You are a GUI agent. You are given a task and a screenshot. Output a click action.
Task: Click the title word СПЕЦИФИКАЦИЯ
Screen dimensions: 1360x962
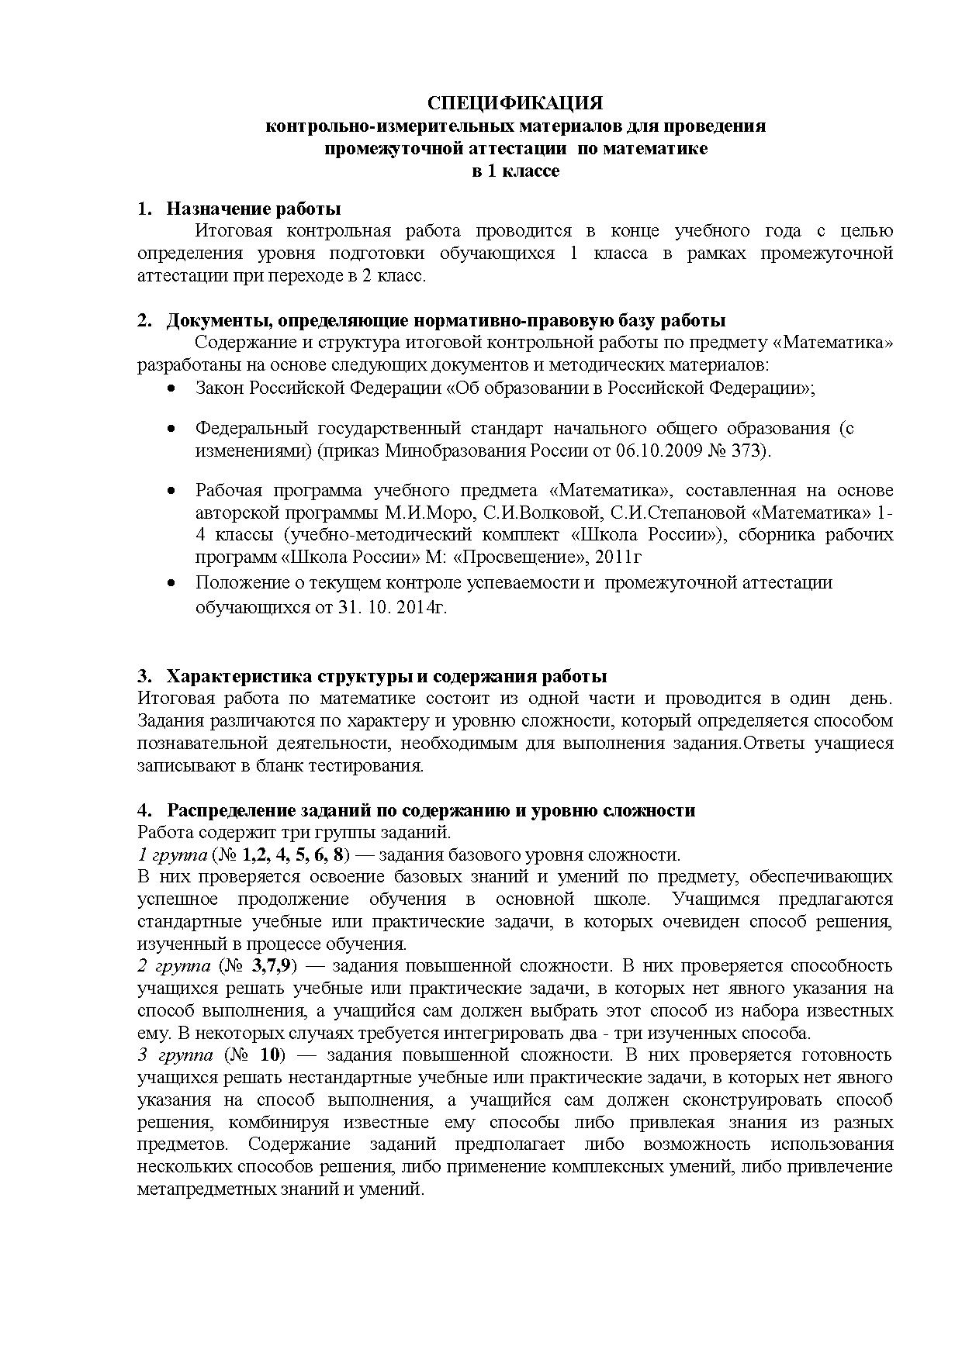tap(516, 104)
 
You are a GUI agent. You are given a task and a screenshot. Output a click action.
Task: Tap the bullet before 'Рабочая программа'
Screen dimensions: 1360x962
tap(171, 492)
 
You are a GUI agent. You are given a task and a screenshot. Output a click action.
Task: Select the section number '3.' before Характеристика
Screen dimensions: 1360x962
tap(144, 676)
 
